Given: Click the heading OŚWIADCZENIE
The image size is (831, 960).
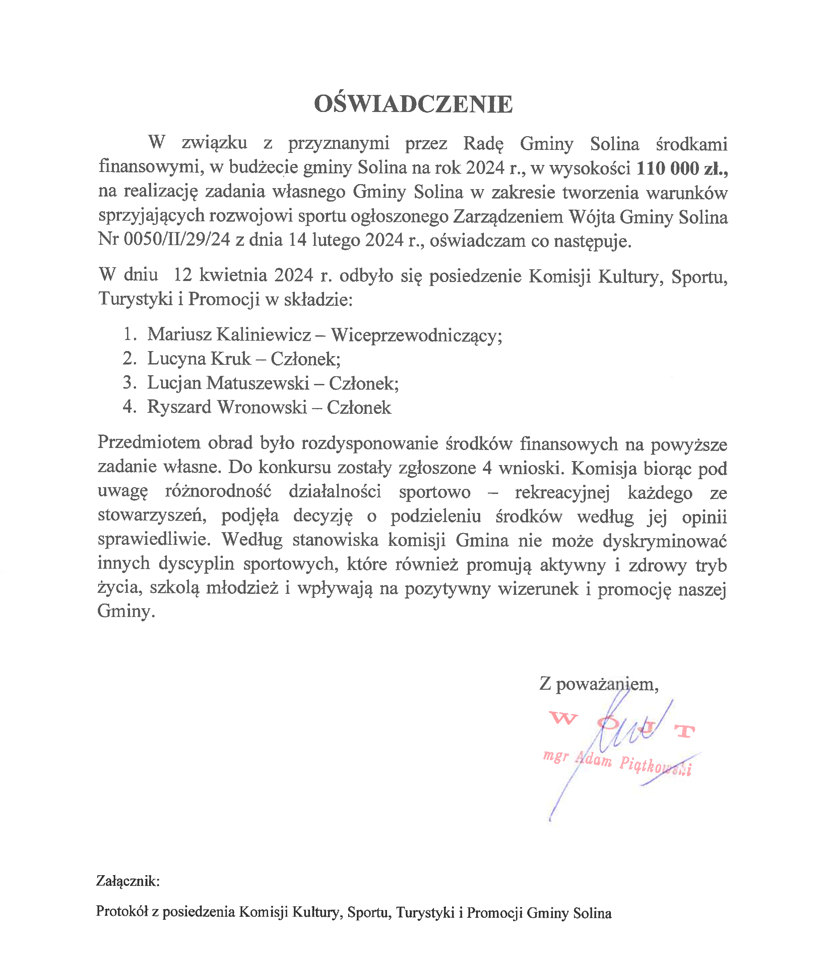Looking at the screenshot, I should point(413,104).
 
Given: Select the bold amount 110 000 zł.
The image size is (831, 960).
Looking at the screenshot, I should point(681,168).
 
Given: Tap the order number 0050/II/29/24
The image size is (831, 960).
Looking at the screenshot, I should point(177,239).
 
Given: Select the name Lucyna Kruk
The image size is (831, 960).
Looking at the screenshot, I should point(199,359).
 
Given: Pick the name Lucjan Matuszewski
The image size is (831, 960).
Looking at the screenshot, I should point(228,383).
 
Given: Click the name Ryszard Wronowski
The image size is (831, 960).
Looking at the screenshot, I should point(227,407).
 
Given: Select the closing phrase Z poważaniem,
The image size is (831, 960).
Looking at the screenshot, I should point(599,684).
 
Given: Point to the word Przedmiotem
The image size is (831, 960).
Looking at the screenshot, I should point(149,443).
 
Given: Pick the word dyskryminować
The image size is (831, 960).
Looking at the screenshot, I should point(664,541).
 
